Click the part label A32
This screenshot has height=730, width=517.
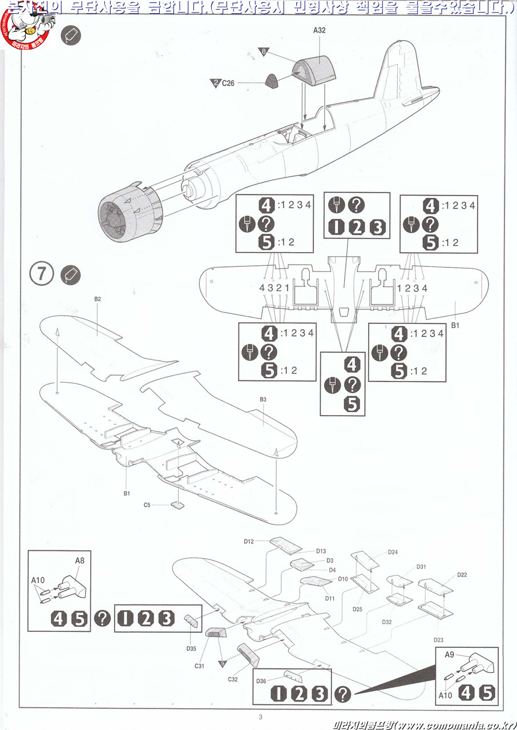319,30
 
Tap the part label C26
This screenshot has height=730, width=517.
228,83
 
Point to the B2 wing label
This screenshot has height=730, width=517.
98,299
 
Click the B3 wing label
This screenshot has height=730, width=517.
263,400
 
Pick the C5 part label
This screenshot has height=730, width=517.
147,505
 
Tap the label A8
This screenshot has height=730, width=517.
80,561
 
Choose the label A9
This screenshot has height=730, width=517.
450,655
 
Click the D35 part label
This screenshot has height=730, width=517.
191,648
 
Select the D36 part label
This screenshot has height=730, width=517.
261,681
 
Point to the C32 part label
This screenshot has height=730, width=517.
232,680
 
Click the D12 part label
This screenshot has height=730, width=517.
248,541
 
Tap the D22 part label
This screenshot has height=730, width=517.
462,575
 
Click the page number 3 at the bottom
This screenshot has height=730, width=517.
260,717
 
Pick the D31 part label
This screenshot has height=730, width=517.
421,567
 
